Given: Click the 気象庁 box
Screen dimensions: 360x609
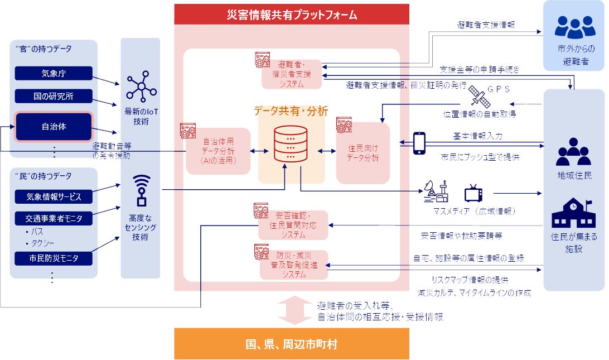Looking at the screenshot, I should click(x=54, y=73).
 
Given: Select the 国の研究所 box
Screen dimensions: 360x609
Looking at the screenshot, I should click(x=54, y=96).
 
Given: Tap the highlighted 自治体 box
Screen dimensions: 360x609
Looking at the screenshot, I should click(x=54, y=127).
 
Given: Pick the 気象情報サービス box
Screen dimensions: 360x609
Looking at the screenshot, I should click(x=54, y=196).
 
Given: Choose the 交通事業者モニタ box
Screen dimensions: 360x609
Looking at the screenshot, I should click(x=54, y=218).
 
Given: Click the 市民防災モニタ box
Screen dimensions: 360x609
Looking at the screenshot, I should click(x=54, y=258).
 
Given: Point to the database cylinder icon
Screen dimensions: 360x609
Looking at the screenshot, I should click(x=291, y=144).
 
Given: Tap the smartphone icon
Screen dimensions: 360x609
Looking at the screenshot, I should click(x=419, y=143).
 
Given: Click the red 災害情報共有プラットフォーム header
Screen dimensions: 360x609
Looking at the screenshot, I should click(x=292, y=15).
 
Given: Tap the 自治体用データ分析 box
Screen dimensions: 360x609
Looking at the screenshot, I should click(x=218, y=151).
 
